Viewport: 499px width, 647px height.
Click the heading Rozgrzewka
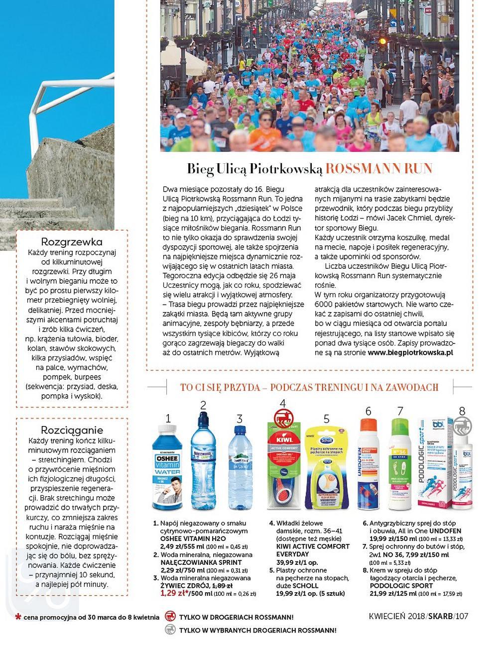(x=72, y=242)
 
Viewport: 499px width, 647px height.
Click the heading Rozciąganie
(x=72, y=430)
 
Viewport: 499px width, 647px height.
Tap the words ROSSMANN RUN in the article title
(x=379, y=169)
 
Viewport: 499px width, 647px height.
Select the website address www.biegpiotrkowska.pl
(x=410, y=352)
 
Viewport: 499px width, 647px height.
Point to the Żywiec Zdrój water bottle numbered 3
(x=240, y=468)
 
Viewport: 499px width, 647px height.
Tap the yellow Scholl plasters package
(x=326, y=468)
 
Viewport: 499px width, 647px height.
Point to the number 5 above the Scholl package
(x=326, y=419)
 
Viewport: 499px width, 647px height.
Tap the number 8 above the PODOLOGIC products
(x=462, y=411)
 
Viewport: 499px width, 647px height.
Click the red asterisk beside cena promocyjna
(x=18, y=618)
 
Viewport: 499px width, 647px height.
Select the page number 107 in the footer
(x=461, y=616)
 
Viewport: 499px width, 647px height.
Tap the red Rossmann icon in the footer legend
(x=169, y=617)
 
